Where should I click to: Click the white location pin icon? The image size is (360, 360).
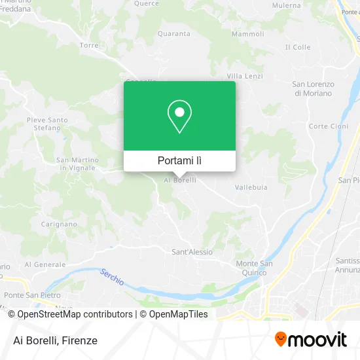(x=179, y=117)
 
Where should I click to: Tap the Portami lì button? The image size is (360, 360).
(x=179, y=160)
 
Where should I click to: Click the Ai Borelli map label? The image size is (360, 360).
(x=179, y=180)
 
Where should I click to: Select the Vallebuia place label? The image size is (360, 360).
(x=251, y=187)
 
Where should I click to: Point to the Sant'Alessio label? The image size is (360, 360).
(x=192, y=252)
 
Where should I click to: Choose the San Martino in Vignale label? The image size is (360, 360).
(x=78, y=164)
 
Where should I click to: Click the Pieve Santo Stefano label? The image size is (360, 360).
(x=47, y=124)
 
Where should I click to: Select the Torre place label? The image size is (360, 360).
(x=88, y=45)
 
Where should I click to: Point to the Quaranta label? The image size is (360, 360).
(x=173, y=35)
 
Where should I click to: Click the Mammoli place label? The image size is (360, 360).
(x=249, y=34)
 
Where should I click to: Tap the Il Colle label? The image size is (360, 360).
(x=298, y=47)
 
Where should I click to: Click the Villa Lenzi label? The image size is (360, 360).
(x=245, y=76)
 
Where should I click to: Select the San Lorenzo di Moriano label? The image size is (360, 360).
(x=313, y=88)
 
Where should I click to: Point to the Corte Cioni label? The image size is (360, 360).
(x=329, y=126)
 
